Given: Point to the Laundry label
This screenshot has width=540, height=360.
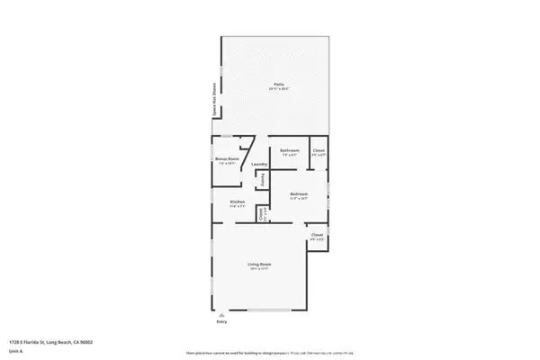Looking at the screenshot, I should pos(259,165).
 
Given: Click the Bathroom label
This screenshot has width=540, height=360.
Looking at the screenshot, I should pos(289,150).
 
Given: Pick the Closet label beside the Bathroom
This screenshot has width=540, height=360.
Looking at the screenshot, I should pos(318,150).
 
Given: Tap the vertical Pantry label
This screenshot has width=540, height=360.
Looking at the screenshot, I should pos(262,181).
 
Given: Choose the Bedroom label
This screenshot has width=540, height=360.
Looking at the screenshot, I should pos(299,193).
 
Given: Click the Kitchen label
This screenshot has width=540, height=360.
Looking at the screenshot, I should pos(238,202).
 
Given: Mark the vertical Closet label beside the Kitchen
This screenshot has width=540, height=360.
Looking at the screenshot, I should pos(261,214).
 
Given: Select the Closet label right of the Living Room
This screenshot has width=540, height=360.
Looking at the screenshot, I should pos(317,234).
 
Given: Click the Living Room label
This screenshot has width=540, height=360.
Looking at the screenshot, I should pos(259,263).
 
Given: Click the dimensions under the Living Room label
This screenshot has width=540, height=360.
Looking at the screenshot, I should pos(259,268).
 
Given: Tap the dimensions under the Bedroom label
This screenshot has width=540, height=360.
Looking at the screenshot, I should pos(299,199).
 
